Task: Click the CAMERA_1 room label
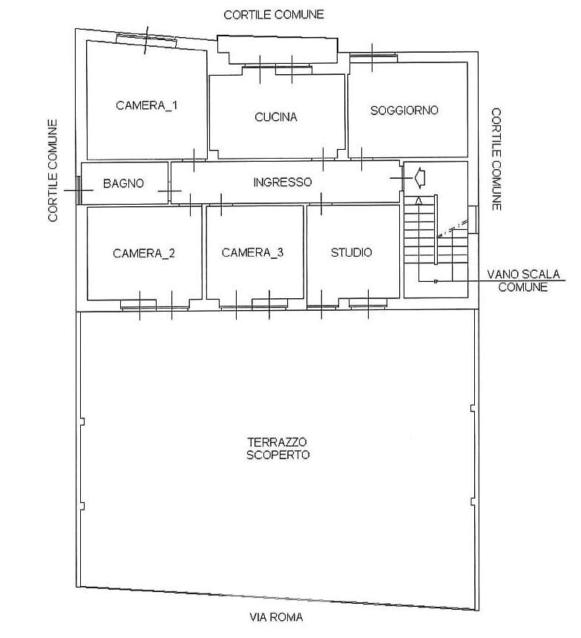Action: click(x=146, y=105)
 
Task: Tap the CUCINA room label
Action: click(x=275, y=117)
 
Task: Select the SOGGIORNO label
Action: click(x=404, y=110)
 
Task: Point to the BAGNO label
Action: click(x=123, y=183)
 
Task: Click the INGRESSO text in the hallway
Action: click(x=282, y=182)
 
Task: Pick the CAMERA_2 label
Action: click(x=144, y=253)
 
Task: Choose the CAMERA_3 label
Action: click(x=252, y=252)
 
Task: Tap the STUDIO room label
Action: click(x=351, y=252)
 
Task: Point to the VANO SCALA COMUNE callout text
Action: click(x=522, y=280)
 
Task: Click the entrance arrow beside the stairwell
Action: click(x=418, y=178)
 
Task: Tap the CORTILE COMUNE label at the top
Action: click(x=275, y=14)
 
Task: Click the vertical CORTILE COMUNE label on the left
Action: click(x=53, y=171)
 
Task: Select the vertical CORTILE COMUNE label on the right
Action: click(x=496, y=159)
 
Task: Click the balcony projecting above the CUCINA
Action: click(x=276, y=51)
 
